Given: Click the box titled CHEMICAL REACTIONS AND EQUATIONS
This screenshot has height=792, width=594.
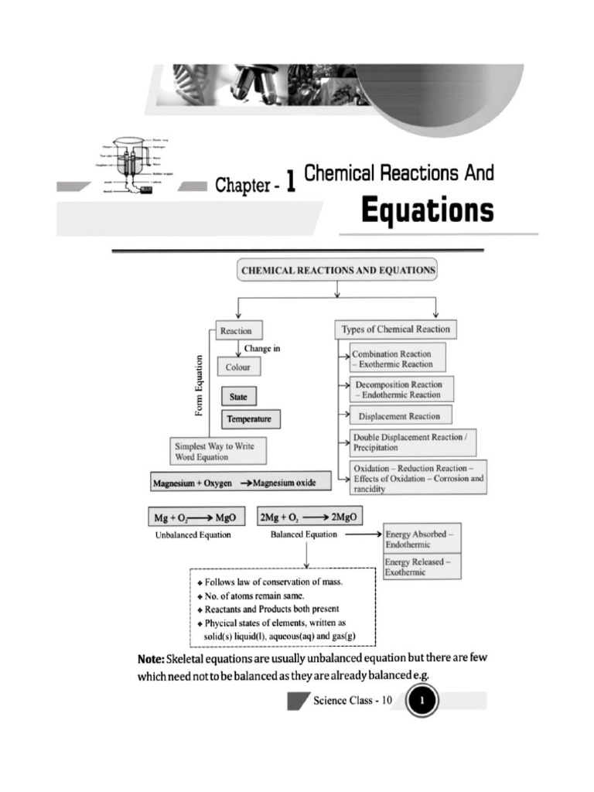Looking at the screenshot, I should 338,271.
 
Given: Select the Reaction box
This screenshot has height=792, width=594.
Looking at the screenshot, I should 236,330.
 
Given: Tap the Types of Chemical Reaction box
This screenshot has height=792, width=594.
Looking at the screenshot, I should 395,329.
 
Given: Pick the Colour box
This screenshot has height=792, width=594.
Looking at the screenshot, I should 238,367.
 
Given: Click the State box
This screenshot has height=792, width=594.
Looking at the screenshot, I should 238,397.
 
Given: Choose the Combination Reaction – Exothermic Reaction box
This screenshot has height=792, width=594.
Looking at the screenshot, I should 398,359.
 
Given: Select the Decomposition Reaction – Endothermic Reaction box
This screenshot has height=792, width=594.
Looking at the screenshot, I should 401,389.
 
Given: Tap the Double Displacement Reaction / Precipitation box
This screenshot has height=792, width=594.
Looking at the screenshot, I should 412,442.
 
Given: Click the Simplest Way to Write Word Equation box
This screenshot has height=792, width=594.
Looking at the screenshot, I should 216,450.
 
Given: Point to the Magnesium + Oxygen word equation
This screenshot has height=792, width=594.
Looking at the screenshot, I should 241,483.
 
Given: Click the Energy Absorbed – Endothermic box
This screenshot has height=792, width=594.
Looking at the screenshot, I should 422,539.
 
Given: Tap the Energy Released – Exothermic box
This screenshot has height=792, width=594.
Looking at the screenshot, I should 422,566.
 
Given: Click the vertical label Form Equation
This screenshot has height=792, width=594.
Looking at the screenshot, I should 200,385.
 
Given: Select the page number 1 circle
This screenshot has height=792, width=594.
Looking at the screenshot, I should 422,702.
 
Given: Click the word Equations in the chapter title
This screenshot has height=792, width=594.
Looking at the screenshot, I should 427,210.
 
